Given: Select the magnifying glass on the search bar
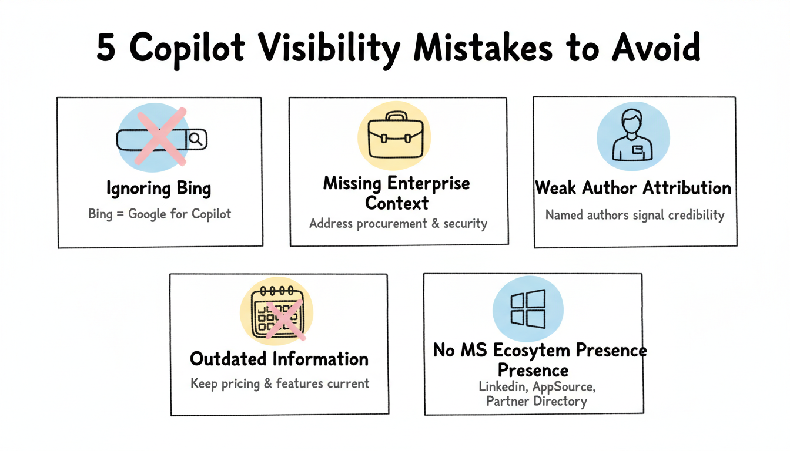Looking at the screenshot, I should coord(196,139).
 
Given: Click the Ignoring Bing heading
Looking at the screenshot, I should coord(159,189).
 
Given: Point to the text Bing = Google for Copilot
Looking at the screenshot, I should coord(159,213).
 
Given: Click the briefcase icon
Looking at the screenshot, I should coord(394,135).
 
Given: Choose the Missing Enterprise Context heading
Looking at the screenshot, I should coord(397,193).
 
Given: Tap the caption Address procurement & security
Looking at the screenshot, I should coord(398,223).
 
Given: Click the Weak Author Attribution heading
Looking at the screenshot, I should coord(633,188).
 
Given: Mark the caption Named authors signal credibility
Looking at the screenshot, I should coord(635,215).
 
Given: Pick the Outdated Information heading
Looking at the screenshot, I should coord(279,358).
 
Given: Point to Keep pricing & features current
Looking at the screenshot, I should coord(280,383).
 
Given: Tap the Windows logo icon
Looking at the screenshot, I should coord(527,309).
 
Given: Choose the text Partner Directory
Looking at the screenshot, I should coord(536,402).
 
